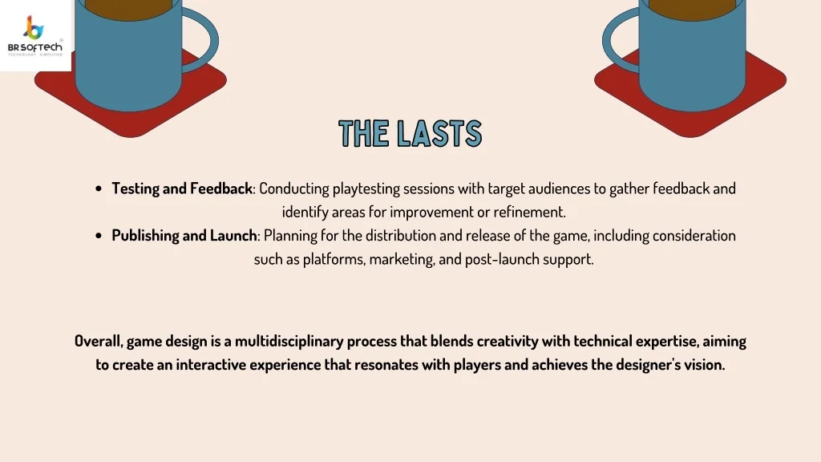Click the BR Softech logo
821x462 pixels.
(35, 35)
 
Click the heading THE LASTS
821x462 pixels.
(410, 134)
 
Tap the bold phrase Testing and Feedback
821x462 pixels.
(182, 188)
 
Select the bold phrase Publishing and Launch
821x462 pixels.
(184, 236)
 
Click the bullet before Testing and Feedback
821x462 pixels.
(99, 189)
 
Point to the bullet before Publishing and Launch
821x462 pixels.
(99, 237)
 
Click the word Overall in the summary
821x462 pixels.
(97, 342)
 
